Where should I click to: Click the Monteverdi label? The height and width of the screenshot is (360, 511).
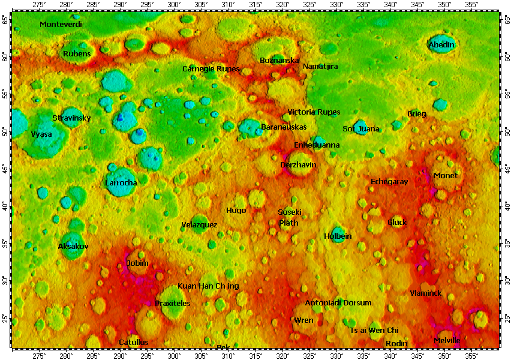point(61,25)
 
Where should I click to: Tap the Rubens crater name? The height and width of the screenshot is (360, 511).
point(77,54)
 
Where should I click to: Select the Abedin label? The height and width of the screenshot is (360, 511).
point(441,45)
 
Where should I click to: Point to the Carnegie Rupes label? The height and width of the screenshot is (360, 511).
point(211,69)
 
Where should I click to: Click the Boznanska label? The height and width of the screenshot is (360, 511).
point(279,61)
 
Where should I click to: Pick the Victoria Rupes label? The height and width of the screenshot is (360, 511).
point(314,112)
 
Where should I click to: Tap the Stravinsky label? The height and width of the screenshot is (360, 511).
point(71,118)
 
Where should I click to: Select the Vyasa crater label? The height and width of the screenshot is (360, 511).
point(41,134)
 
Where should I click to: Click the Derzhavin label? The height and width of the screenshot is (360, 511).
point(298,164)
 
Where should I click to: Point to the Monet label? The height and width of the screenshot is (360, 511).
point(445,176)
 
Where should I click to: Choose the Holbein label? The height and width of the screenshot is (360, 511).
point(338,236)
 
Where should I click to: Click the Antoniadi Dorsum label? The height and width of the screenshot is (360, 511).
point(338,303)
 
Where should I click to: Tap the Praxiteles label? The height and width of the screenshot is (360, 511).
point(173,304)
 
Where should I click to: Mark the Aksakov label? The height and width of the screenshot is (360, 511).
point(73,247)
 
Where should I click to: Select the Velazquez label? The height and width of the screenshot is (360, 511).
point(199,225)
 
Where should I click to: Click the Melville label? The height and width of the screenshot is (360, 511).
point(447,341)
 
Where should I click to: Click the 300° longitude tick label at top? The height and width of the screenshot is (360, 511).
point(174,5)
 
